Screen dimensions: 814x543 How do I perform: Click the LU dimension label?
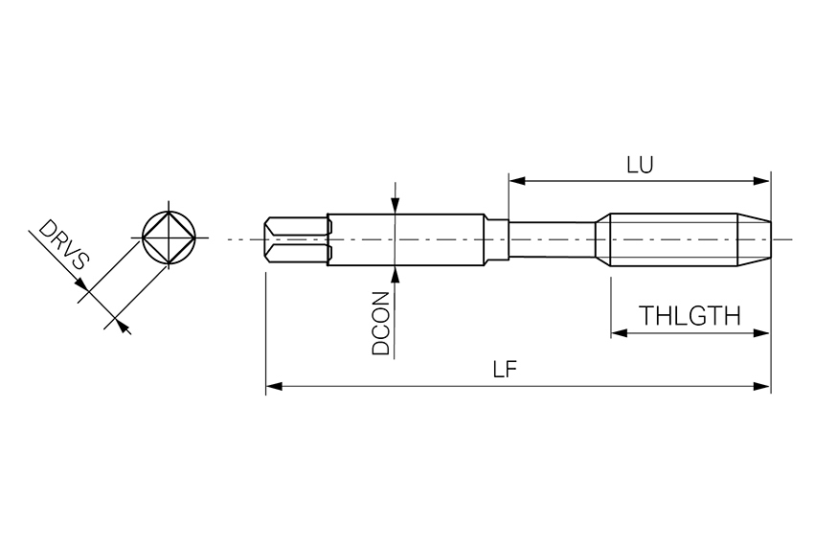(x=640, y=165)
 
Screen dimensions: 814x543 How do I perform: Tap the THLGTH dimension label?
(x=690, y=316)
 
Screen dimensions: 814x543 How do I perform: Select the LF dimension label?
(x=505, y=370)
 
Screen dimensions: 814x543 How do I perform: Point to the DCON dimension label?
(x=380, y=323)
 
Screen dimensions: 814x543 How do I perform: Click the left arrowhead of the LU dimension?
(x=517, y=181)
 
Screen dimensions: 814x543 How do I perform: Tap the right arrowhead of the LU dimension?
(x=761, y=181)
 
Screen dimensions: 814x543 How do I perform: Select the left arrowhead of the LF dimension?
(x=274, y=386)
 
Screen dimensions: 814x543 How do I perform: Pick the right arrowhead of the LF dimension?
(x=761, y=386)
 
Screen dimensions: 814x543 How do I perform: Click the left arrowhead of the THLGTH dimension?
(x=620, y=332)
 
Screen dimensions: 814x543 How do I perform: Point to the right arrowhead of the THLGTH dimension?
(x=761, y=332)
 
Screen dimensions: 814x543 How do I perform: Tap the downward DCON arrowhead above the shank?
(x=396, y=206)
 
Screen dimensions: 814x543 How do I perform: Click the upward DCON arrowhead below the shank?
(x=396, y=275)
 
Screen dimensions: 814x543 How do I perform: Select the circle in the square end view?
(x=170, y=213)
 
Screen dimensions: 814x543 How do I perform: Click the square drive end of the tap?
(x=297, y=239)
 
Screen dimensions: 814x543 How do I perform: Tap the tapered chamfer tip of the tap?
(x=754, y=239)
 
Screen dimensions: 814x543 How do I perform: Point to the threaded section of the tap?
(x=674, y=239)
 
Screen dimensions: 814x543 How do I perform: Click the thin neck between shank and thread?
(x=552, y=239)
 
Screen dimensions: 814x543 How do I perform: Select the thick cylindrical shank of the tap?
(x=405, y=239)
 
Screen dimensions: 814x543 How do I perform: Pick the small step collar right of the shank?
(x=497, y=239)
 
